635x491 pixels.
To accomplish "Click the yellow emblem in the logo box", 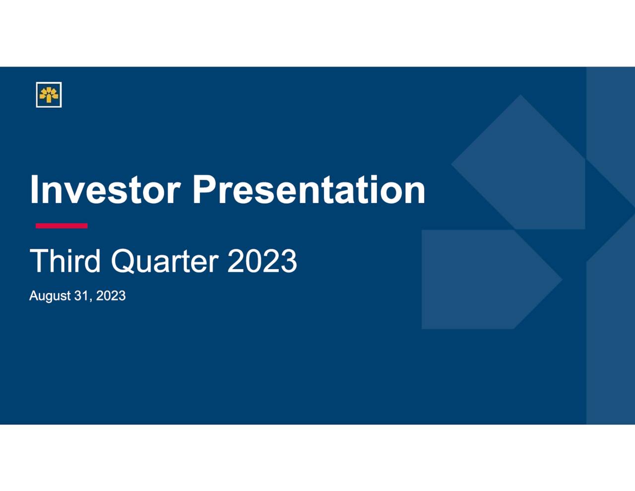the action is click(x=49, y=95).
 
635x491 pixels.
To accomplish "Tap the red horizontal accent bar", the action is click(x=62, y=225).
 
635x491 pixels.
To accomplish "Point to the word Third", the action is click(x=65, y=261).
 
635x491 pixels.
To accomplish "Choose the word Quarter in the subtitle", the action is click(x=165, y=261).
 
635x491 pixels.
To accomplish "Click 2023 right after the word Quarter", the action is click(x=262, y=261).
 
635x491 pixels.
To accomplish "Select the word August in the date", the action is click(x=50, y=296).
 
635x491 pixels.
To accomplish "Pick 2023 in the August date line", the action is click(x=111, y=295).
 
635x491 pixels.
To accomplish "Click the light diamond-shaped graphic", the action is click(x=518, y=162).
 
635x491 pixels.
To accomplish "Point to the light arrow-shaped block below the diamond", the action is click(x=492, y=280).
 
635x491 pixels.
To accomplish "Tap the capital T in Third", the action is click(x=39, y=261).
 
